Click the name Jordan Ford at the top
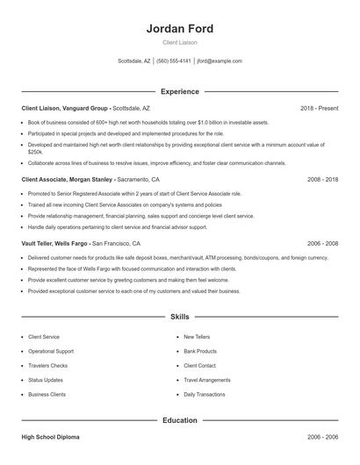(179, 29)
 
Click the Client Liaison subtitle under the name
(179, 42)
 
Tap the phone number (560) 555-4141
(174, 61)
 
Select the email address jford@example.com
(220, 61)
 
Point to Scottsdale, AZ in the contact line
(134, 61)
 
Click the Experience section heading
(179, 91)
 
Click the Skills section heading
(179, 316)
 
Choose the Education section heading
(179, 420)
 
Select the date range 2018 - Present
(319, 108)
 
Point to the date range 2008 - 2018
(322, 178)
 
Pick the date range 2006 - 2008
(322, 242)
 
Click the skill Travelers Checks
(47, 365)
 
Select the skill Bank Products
(200, 351)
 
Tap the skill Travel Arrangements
(207, 380)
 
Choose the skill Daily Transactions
(204, 395)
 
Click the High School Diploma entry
(51, 436)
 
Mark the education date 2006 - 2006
(322, 436)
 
